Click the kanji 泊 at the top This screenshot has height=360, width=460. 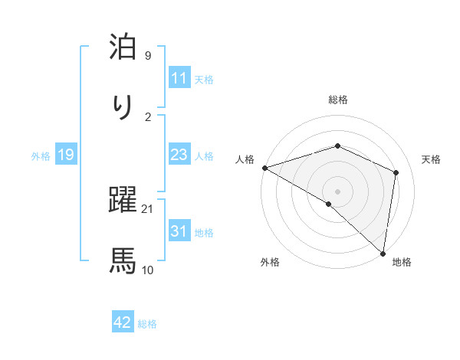123,47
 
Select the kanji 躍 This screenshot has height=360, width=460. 123,201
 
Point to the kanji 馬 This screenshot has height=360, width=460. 123,261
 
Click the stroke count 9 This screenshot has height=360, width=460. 147,55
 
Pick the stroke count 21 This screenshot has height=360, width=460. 148,208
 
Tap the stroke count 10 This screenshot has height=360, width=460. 148,270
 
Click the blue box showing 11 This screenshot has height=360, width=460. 179,78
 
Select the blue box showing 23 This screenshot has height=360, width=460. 179,155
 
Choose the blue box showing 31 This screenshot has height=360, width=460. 179,231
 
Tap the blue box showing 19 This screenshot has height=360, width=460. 65,155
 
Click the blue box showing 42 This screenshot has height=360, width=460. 122,323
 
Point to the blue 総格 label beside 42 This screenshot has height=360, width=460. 147,324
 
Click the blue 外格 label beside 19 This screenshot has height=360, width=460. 41,155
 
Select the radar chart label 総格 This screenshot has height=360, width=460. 337,100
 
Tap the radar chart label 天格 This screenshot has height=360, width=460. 431,159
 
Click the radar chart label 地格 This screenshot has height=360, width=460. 402,262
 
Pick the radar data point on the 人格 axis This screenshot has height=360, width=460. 264,168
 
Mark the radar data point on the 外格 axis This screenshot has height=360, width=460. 329,204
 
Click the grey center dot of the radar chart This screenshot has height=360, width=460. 337,191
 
